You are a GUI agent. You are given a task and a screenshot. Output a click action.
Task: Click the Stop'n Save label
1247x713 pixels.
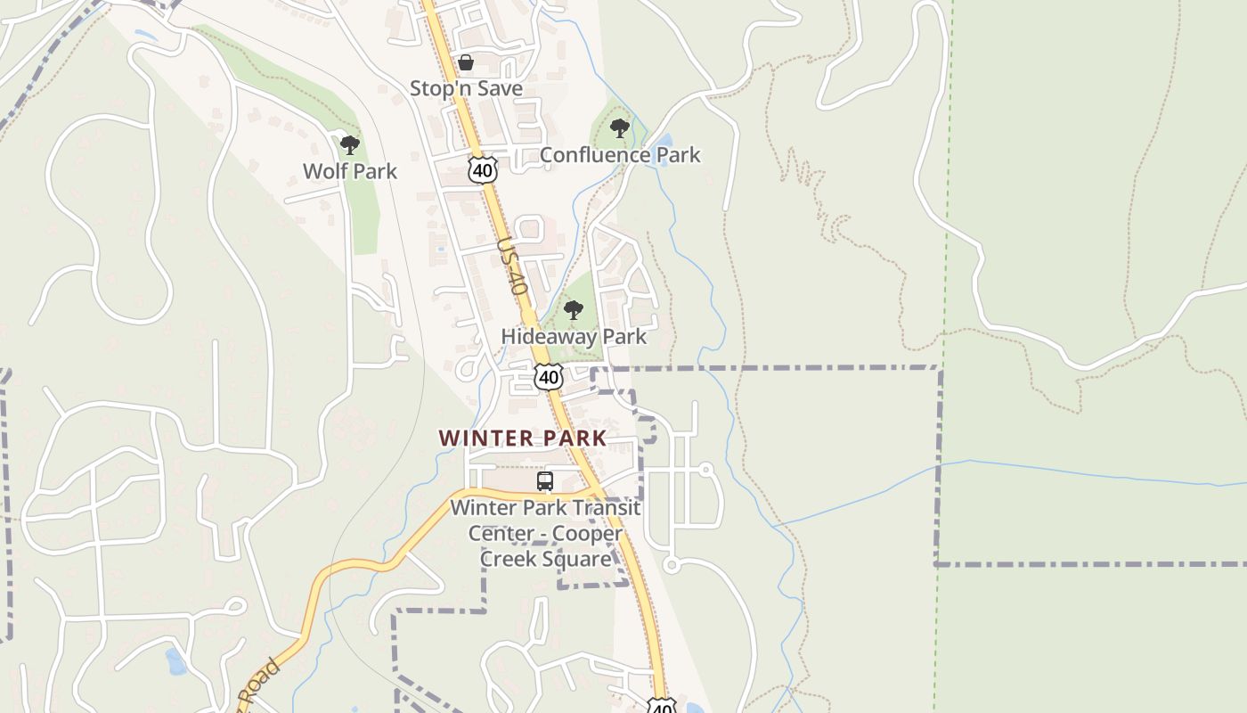[x=466, y=88]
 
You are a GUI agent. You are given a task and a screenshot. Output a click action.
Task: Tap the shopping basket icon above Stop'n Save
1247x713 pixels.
[x=465, y=62]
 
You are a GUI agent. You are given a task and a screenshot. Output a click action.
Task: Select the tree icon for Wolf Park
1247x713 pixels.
[x=350, y=144]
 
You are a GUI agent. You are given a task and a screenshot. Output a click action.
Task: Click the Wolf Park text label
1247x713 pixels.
[x=350, y=171]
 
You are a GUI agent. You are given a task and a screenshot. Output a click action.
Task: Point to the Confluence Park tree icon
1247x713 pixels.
[x=620, y=128]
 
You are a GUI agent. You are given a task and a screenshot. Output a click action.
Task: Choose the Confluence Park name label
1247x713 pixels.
[x=620, y=155]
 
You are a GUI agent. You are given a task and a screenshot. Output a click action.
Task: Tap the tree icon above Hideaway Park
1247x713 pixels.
[x=574, y=310]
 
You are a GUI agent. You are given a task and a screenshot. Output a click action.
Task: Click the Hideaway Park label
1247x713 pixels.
[x=574, y=337]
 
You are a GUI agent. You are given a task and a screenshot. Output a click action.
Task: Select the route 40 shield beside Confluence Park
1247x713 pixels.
[x=482, y=169]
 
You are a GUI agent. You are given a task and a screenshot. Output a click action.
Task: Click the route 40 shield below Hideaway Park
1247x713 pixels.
[x=549, y=377]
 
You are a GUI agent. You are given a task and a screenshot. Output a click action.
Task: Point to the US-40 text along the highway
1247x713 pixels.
[x=513, y=266]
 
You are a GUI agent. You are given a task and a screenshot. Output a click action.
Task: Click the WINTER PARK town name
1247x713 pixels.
[x=523, y=438]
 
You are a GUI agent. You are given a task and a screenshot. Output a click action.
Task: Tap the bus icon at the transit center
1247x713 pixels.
[x=545, y=481]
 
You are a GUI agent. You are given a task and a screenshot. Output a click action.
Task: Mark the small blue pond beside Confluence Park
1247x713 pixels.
[x=664, y=143]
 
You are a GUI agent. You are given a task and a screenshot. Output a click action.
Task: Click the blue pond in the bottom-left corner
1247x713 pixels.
[x=175, y=661]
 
